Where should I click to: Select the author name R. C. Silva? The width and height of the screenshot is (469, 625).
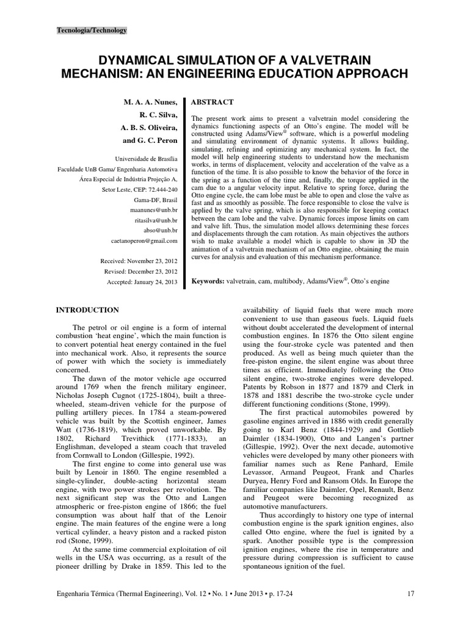158,114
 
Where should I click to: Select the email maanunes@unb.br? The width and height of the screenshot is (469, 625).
156,209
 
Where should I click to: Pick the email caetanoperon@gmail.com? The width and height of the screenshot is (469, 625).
146,241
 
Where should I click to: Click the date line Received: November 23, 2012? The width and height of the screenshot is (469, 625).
139,261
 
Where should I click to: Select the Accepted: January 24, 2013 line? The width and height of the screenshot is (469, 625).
142,282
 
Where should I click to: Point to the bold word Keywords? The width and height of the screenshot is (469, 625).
212,281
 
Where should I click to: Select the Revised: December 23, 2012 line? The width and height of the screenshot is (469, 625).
141,272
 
